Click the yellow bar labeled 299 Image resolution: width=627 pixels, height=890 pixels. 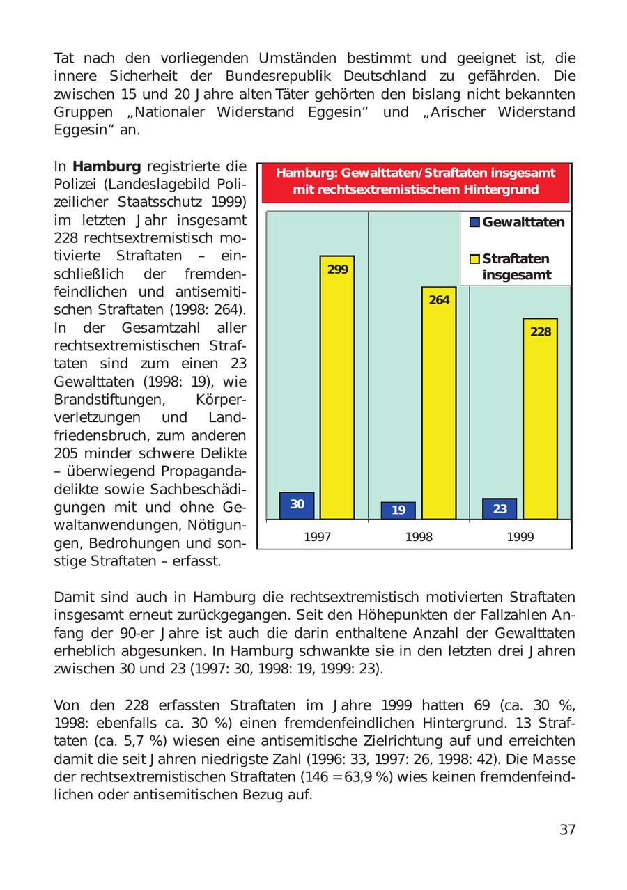(337, 387)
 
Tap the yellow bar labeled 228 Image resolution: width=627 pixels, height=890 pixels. (540, 418)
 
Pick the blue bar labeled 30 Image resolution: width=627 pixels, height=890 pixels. (297, 505)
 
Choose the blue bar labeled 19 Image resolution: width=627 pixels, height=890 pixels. (398, 510)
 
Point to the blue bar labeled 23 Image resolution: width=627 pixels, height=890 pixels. (500, 508)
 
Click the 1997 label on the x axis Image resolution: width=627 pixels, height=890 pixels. (318, 537)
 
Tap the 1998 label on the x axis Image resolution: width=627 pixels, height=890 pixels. (419, 537)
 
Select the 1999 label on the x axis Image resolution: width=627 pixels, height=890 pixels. (520, 537)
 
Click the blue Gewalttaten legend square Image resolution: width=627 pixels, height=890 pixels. (475, 223)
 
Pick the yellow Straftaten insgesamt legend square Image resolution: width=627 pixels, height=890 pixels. (475, 259)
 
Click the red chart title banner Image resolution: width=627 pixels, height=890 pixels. (415, 182)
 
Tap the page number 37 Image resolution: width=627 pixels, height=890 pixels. (567, 829)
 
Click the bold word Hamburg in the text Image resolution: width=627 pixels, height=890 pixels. (107, 167)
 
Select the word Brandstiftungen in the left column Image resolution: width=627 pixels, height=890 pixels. (104, 400)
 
